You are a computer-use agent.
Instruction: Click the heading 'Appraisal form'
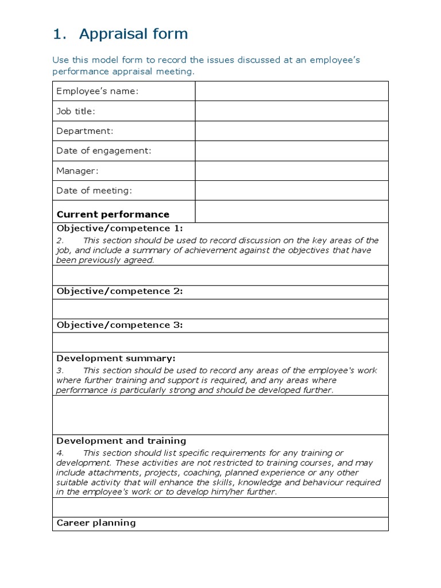point(133,34)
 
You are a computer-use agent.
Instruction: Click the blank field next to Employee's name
point(292,91)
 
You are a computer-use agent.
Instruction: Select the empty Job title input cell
point(292,111)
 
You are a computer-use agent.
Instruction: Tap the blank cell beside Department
point(292,131)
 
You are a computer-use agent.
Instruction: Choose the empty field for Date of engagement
point(292,150)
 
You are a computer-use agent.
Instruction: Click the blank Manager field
point(292,171)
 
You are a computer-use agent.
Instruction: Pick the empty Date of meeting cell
point(292,190)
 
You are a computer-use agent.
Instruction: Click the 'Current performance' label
point(113,214)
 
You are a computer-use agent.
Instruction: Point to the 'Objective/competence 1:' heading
point(119,228)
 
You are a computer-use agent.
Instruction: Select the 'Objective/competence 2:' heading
point(119,291)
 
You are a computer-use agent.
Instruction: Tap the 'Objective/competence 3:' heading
point(119,325)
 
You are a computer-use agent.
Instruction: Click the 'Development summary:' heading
point(116,358)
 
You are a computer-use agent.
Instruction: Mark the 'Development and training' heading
point(121,441)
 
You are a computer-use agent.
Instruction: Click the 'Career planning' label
point(96,523)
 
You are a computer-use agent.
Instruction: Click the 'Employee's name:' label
point(98,91)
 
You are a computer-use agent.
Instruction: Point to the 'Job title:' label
point(76,111)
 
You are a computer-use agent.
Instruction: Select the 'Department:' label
point(85,131)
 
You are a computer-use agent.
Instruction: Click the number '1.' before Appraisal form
point(60,34)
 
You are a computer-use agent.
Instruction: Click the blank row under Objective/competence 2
point(220,308)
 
